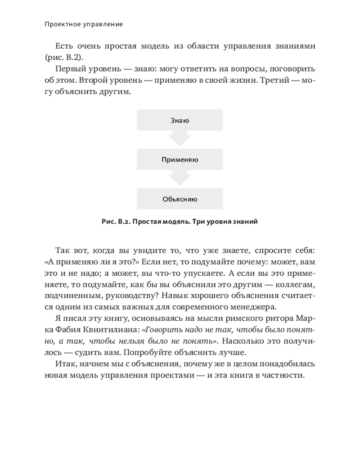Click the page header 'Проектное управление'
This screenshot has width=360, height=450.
click(x=84, y=24)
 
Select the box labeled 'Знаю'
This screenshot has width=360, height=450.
click(x=180, y=121)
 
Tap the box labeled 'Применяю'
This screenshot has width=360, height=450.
click(x=180, y=160)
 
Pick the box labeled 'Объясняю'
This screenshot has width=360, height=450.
click(x=180, y=199)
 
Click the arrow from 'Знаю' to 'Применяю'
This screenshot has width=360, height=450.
click(x=180, y=139)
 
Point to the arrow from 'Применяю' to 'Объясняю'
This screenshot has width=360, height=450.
click(x=180, y=178)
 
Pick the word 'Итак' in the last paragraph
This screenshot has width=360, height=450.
click(x=67, y=364)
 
